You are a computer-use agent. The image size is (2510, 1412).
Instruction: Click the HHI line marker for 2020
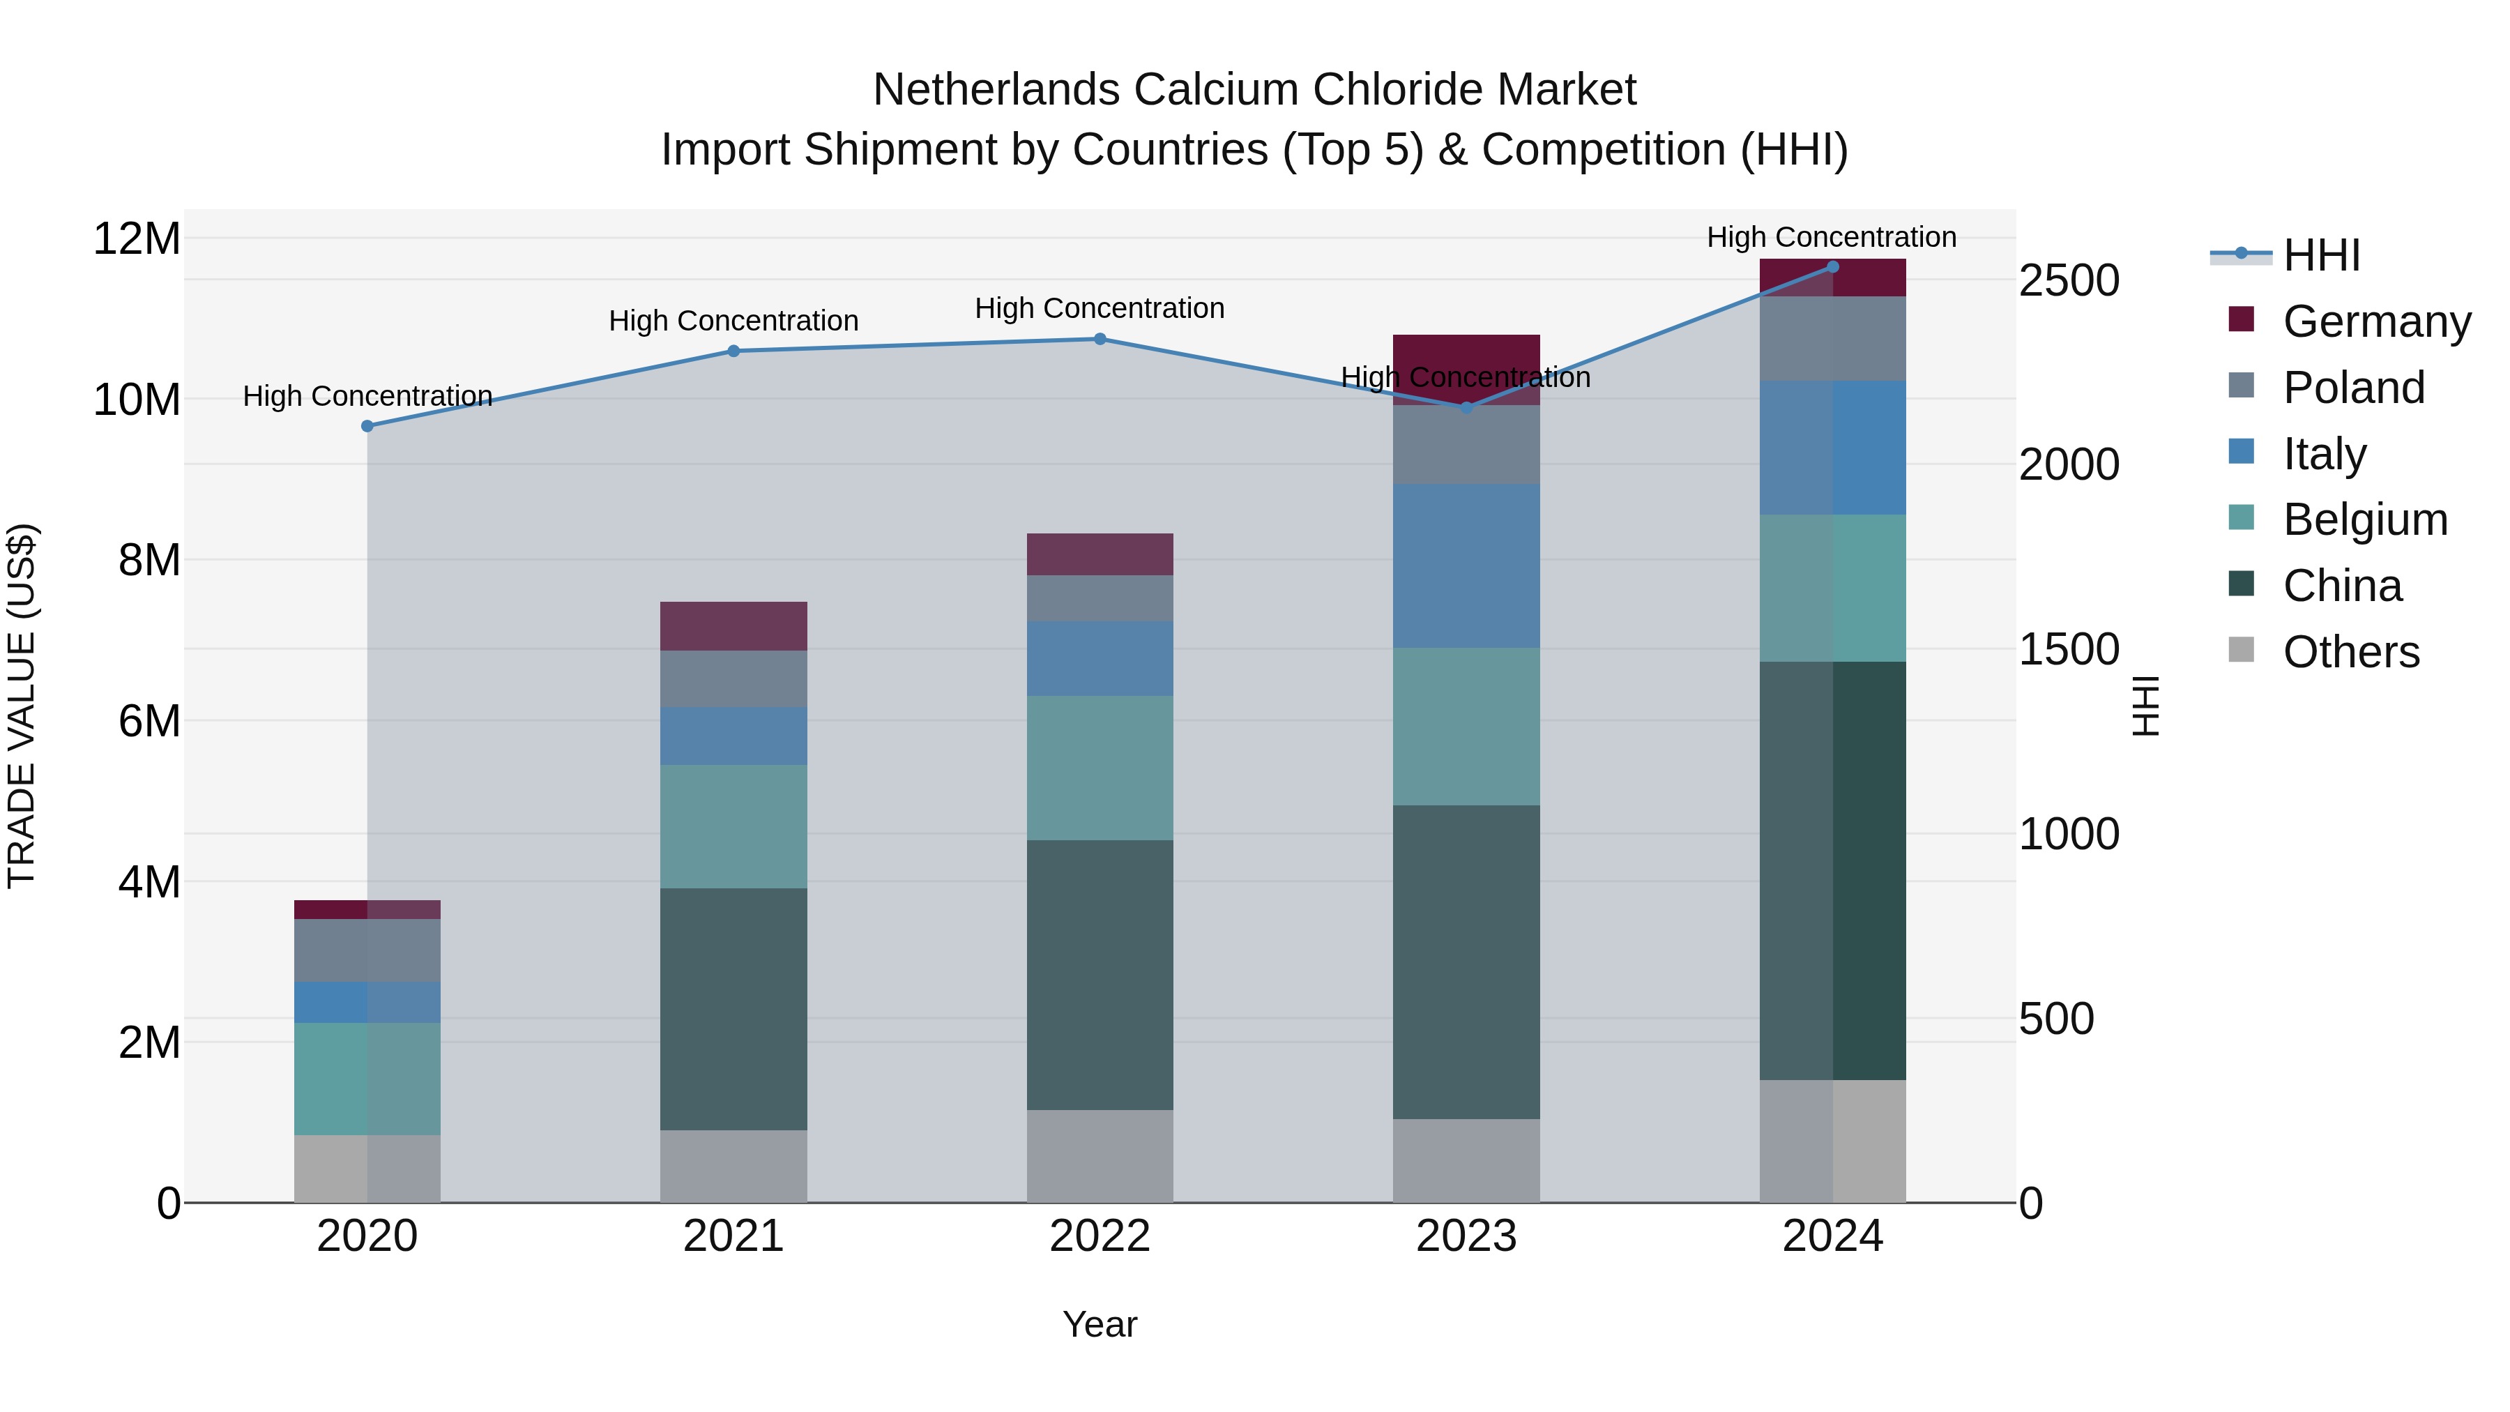367,426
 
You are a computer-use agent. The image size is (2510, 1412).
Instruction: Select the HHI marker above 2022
1100,339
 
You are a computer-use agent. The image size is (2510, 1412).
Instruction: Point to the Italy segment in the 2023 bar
1466,566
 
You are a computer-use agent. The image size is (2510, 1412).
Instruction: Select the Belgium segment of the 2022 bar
1100,768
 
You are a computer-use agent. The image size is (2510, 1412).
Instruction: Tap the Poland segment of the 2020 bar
367,950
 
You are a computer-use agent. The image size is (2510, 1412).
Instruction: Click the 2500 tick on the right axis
2069,280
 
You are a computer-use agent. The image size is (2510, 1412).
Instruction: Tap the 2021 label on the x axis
733,1236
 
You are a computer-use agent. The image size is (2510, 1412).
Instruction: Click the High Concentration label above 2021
733,321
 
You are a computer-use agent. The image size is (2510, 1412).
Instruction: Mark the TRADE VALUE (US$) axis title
22,706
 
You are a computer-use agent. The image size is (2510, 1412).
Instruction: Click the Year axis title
1100,1324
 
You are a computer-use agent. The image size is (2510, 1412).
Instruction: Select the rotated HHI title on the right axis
2147,706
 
